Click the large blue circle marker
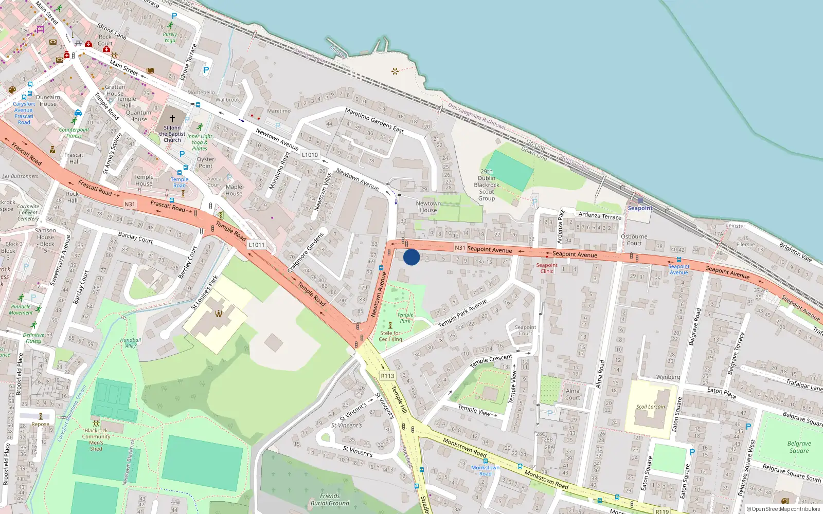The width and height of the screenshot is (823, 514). (411, 257)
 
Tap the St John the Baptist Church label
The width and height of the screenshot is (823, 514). (172, 134)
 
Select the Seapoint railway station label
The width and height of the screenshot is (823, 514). (640, 208)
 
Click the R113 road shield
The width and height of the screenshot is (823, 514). (387, 376)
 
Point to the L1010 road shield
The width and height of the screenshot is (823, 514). (310, 155)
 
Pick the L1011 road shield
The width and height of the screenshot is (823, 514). (257, 245)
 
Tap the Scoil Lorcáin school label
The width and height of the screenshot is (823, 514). (650, 407)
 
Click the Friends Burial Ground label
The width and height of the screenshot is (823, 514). (330, 500)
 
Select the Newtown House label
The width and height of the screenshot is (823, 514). (428, 207)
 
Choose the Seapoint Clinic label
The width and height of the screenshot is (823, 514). (546, 268)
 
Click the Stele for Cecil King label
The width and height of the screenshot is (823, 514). (390, 336)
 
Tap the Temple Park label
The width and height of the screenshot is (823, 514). (405, 318)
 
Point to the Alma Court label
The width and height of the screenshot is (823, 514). (572, 394)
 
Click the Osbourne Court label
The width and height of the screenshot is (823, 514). (634, 240)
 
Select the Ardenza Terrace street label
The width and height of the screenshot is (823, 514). (600, 216)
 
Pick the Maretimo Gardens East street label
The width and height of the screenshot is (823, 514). (374, 120)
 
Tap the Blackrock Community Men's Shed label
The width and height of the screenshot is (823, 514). (96, 439)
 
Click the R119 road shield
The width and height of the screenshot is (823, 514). (662, 511)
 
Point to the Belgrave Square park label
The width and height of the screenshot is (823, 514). (799, 447)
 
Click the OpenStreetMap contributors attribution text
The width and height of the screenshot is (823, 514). (783, 509)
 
